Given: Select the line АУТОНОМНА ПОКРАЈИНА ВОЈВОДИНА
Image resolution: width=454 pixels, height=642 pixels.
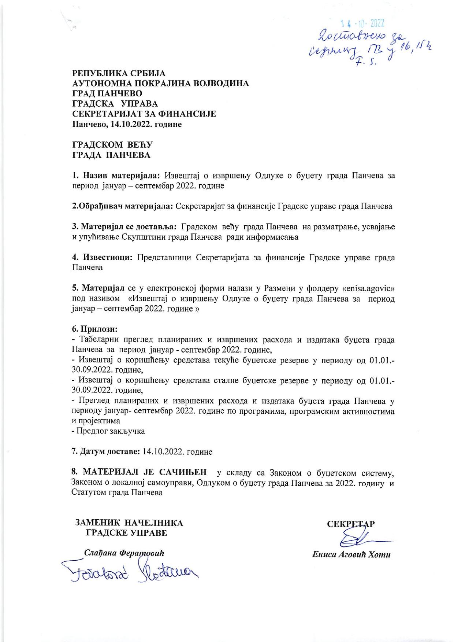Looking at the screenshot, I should (x=160, y=83).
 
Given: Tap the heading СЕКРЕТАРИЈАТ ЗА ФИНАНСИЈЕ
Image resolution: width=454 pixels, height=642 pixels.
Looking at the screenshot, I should (x=144, y=114).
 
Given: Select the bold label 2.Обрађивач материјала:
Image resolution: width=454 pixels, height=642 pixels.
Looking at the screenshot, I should (x=122, y=206).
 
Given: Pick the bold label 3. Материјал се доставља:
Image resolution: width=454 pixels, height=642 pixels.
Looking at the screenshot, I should (x=124, y=227).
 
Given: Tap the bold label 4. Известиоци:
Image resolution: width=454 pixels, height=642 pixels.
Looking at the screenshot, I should (x=103, y=257).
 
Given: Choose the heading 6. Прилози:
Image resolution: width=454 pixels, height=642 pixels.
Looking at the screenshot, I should (x=94, y=329).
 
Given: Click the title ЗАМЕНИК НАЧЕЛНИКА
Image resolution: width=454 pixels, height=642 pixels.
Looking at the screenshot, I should (x=129, y=523).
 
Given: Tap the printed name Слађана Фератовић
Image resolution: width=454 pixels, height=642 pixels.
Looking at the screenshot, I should (x=124, y=553).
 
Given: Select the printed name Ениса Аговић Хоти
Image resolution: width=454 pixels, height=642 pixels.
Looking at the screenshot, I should (x=351, y=554).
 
